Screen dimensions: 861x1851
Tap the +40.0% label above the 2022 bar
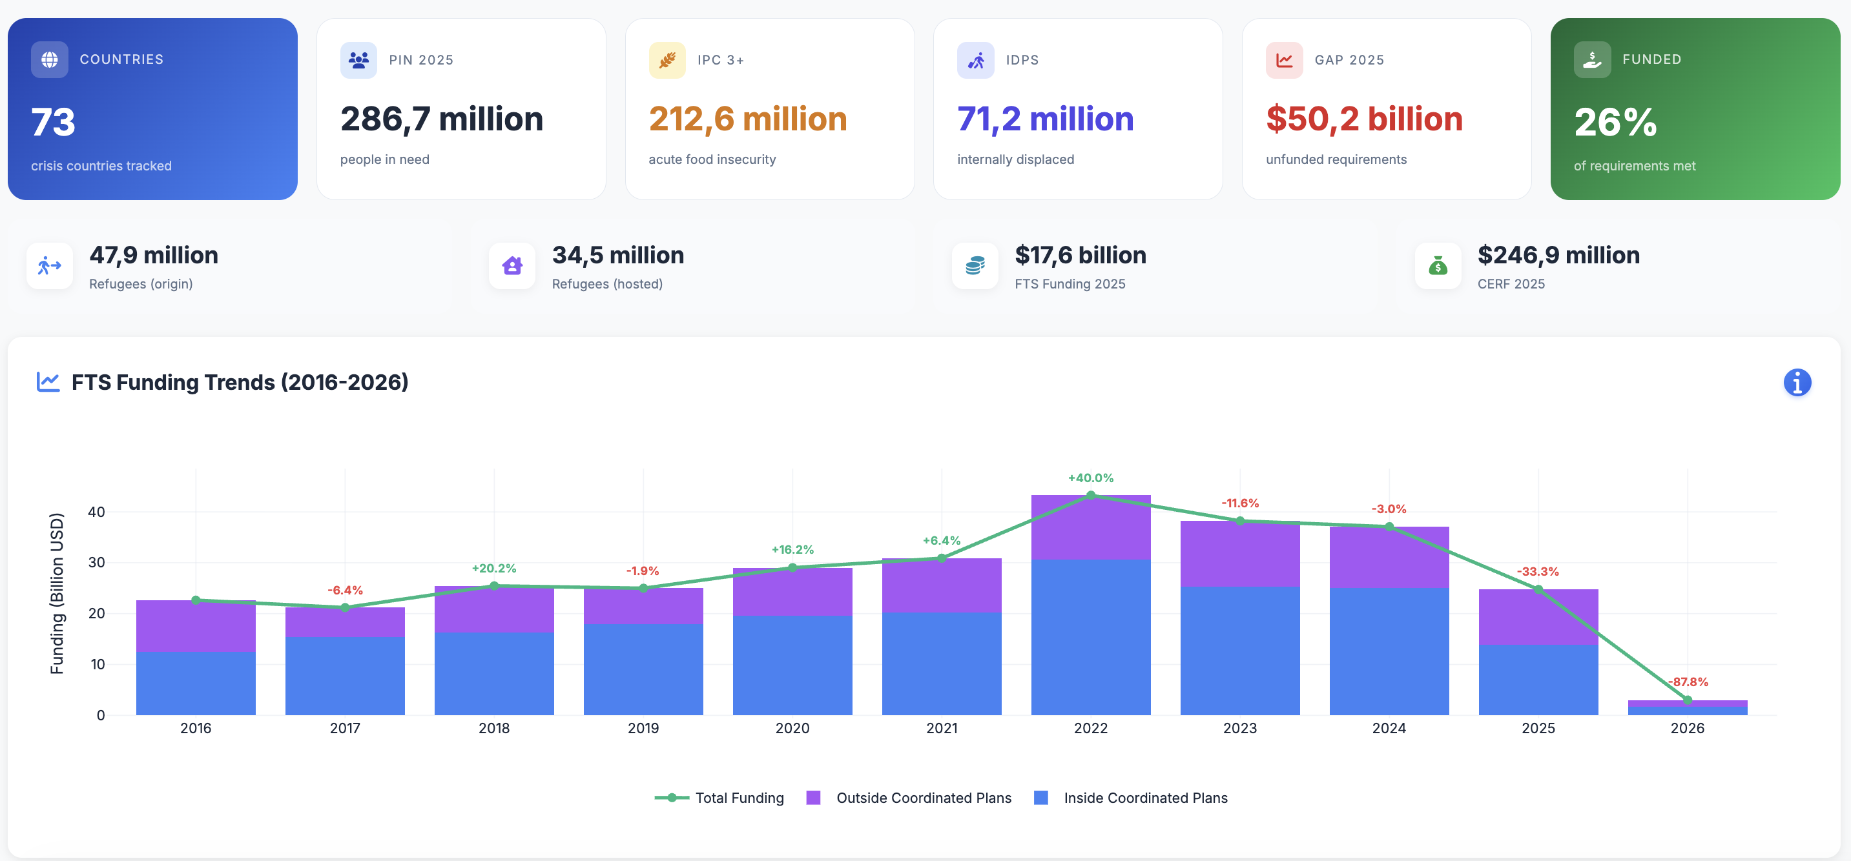[x=1090, y=478]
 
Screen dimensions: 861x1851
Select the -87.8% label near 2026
[x=1687, y=682]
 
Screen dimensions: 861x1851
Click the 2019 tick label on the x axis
[x=643, y=727]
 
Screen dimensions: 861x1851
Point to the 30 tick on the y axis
[x=96, y=562]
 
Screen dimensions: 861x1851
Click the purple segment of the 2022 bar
[x=1090, y=528]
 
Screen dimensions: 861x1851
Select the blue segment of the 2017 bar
[x=345, y=675]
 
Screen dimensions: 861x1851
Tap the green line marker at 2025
[x=1538, y=589]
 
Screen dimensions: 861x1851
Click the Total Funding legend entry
[x=719, y=798]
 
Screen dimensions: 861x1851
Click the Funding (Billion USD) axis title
[x=57, y=593]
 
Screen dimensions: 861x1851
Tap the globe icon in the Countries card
[x=50, y=59]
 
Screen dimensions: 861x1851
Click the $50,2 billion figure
[x=1364, y=119]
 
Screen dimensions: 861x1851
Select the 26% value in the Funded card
[x=1615, y=122]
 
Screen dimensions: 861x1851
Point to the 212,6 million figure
[x=747, y=119]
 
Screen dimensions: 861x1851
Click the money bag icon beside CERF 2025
[x=1437, y=267]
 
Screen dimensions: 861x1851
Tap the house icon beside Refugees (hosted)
[x=512, y=267]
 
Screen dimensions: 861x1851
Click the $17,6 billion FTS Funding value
[x=1080, y=256]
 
